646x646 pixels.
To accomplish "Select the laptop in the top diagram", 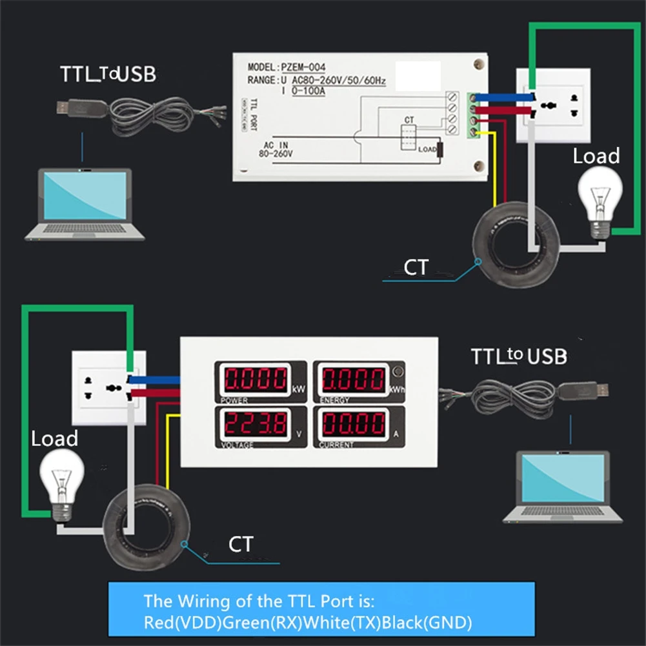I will pos(85,203).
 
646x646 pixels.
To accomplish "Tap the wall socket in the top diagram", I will pos(553,105).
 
